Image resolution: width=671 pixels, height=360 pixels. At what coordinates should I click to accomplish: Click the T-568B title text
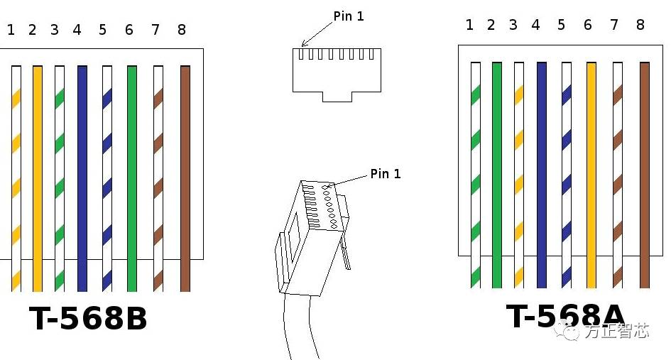pos(88,319)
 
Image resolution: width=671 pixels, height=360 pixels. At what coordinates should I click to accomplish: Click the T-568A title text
pos(565,317)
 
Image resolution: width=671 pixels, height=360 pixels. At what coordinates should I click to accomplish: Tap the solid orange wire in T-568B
pos(38,178)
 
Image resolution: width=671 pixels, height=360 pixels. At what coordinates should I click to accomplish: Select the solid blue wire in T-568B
pos(82,178)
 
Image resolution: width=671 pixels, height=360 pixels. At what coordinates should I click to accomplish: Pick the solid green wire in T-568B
pos(131,178)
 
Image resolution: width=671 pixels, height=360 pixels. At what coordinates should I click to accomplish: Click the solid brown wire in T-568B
pos(185,178)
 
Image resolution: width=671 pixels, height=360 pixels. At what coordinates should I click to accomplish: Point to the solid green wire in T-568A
pos(496,174)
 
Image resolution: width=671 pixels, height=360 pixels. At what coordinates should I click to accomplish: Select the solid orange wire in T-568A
pos(591,174)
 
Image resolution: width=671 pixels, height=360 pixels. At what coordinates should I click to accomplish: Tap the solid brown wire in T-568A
pos(645,174)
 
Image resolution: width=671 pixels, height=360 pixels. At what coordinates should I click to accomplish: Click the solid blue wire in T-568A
pos(542,174)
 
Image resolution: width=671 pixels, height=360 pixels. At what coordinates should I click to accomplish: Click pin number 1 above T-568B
pos(11,30)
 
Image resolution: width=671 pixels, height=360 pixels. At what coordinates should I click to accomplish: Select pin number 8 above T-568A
pos(640,25)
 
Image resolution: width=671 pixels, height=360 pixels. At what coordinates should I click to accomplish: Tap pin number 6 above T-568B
pos(129,30)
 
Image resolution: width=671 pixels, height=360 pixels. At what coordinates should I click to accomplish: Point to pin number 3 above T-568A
pos(513,25)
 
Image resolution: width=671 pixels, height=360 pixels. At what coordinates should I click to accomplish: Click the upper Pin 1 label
pos(348,16)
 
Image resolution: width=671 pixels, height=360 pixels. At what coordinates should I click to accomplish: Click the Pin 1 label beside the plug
pos(385,173)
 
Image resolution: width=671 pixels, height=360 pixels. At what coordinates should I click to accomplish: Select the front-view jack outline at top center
pos(337,75)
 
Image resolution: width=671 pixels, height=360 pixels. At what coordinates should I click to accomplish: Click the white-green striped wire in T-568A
pos(475,174)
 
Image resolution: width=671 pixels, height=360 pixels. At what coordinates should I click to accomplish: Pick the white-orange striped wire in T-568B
pos(16,178)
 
